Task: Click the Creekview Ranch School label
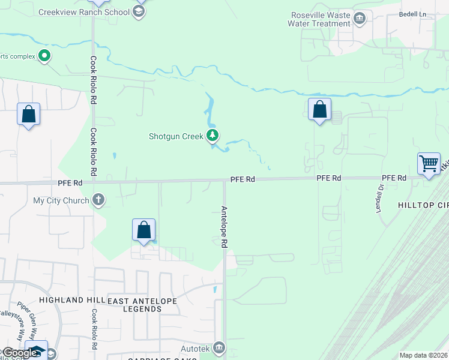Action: coord(83,12)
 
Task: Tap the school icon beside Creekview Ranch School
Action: coord(139,12)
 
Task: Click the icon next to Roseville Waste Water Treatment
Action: coord(360,19)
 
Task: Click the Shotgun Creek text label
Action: coord(176,136)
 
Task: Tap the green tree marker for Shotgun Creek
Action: coord(212,136)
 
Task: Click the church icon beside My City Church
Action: coord(99,200)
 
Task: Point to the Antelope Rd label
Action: coord(224,227)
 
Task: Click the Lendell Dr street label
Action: coord(379,198)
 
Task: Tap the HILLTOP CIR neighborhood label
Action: coord(423,205)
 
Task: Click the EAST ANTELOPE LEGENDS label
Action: coord(135,304)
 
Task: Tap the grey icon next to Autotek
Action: coord(219,347)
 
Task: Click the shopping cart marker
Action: coord(429,164)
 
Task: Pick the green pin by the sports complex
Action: coord(44,56)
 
